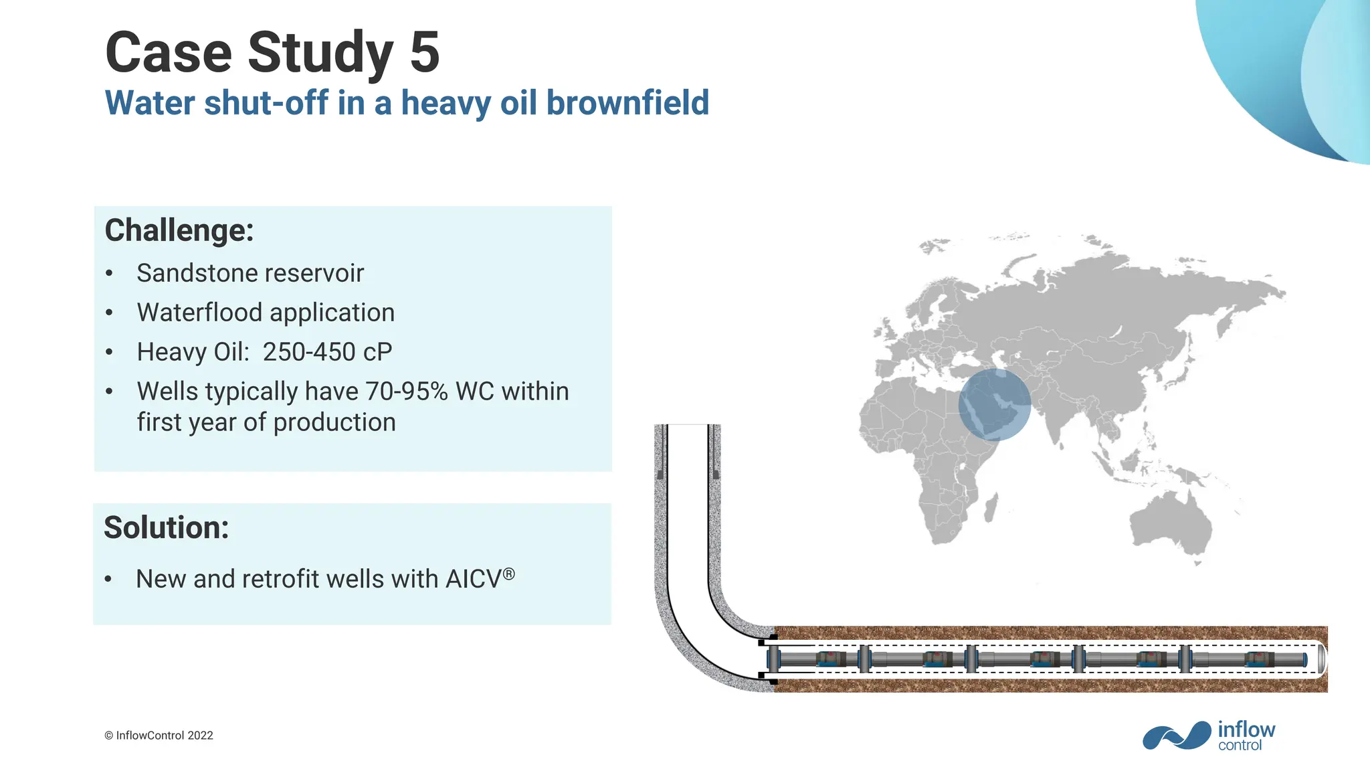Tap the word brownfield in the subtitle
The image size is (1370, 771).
(627, 103)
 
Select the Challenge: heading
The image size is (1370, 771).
(179, 230)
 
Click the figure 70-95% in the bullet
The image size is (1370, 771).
(407, 392)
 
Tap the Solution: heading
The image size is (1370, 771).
(167, 527)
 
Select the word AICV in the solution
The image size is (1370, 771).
(474, 580)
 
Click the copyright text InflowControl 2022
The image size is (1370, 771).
(165, 736)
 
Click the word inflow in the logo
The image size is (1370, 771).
(1246, 730)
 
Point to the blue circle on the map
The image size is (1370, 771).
(995, 404)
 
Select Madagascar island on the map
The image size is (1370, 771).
(991, 507)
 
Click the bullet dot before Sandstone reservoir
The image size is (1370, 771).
(110, 274)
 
